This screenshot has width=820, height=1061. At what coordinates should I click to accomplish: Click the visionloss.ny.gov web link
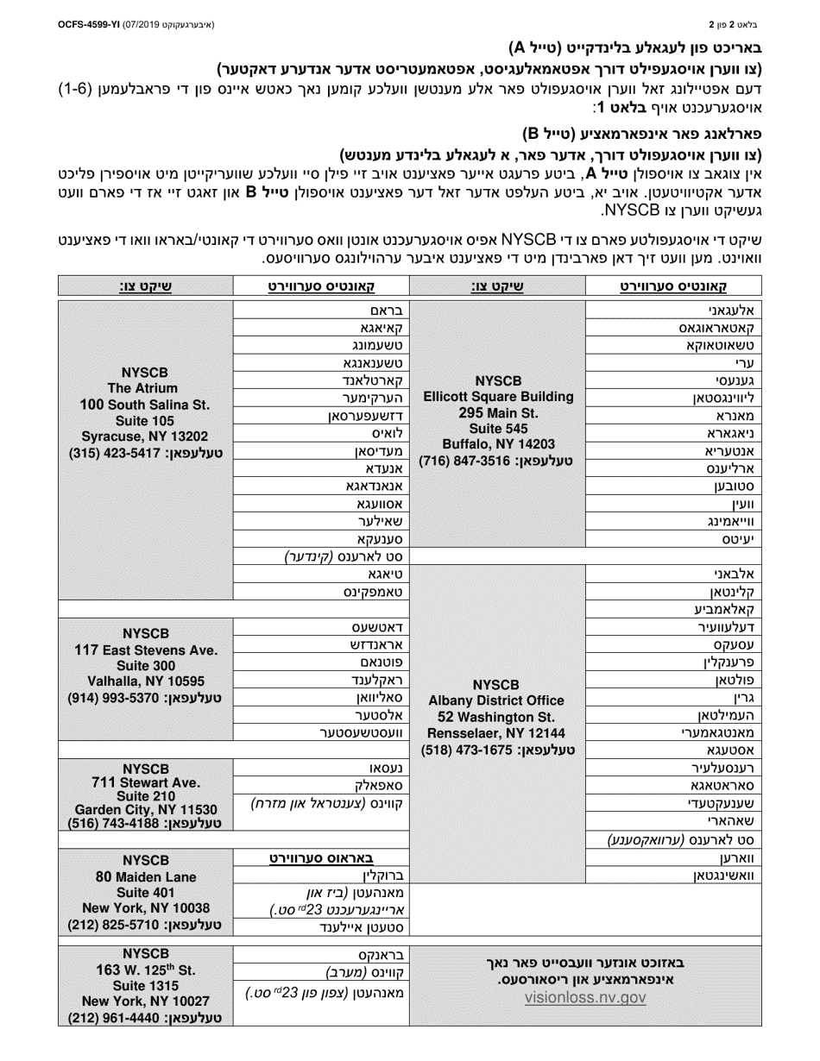tap(585, 997)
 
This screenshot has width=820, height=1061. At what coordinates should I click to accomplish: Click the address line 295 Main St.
tap(498, 412)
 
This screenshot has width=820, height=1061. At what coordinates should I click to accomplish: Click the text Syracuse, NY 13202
tap(145, 436)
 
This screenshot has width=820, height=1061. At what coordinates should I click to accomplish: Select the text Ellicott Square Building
tap(498, 396)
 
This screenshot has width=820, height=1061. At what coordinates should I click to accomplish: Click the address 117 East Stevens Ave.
tap(145, 650)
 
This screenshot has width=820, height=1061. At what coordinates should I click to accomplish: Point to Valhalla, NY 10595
tap(144, 681)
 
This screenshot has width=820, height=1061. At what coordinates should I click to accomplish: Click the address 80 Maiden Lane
tap(145, 876)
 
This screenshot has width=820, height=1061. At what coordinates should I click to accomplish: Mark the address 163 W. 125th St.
tap(145, 969)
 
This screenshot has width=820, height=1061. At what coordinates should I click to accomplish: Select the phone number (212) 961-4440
tap(145, 1018)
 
